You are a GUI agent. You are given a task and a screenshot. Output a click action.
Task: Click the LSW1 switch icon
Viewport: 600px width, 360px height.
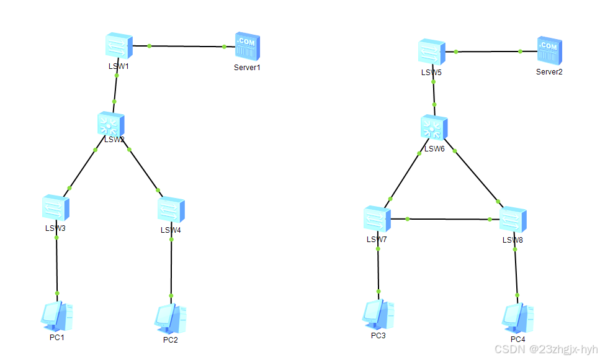118,47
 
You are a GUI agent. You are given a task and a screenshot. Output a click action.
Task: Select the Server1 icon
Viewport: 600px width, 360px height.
246,48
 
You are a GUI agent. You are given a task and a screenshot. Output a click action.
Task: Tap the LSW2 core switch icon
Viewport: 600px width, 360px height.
111,125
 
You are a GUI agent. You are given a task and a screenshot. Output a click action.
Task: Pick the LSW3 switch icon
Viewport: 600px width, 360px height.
56,208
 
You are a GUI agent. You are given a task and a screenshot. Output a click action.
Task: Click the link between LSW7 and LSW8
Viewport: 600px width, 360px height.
447,219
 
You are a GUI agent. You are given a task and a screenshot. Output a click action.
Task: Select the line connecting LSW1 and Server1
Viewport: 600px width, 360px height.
186,47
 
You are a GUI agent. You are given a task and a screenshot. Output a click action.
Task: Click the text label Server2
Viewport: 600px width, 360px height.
549,72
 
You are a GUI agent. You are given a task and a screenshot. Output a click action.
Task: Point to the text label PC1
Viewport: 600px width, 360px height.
57,337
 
